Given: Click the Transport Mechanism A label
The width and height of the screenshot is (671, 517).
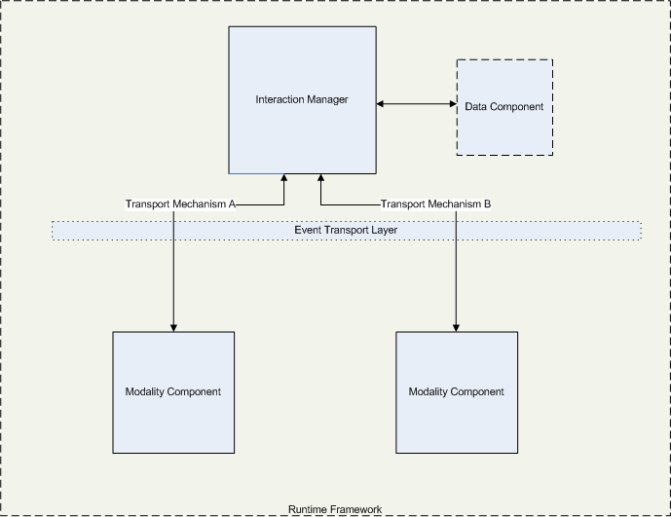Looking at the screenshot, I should (181, 204).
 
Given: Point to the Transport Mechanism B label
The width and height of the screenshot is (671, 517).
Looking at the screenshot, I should (435, 204).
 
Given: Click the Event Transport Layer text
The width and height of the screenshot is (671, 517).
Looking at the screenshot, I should (346, 230).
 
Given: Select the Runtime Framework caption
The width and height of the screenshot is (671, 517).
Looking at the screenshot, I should (335, 509).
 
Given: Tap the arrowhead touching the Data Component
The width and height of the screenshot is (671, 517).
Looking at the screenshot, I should (452, 103).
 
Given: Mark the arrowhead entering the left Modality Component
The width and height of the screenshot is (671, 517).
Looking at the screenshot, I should (173, 327).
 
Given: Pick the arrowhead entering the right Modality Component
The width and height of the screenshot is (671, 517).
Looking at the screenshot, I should (456, 327).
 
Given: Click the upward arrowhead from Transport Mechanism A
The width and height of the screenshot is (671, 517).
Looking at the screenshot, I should (284, 178).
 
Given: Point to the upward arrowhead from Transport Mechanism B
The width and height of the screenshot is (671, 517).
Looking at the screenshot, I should (319, 178).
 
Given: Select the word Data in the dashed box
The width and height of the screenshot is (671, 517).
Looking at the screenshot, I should (477, 106).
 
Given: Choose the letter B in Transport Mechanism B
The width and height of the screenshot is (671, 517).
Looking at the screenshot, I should (487, 204).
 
